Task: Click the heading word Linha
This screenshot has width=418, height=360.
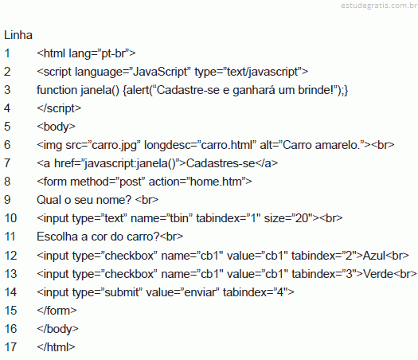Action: point(18,35)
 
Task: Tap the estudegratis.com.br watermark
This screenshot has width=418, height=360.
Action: point(379,6)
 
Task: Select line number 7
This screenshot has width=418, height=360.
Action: point(7,163)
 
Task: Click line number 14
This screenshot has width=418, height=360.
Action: point(10,292)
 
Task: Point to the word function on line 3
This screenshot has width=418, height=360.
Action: point(57,90)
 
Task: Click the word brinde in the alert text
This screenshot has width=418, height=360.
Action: point(314,90)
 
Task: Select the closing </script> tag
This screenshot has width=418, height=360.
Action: point(59,108)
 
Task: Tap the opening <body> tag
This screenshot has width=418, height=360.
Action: point(56,127)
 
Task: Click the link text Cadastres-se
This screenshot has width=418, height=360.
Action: point(221,163)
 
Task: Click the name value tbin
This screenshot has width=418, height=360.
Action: point(179,218)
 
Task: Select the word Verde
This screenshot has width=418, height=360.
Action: point(378,274)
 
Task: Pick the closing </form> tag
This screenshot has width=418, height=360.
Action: point(57,311)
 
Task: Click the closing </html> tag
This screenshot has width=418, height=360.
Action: point(56,347)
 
